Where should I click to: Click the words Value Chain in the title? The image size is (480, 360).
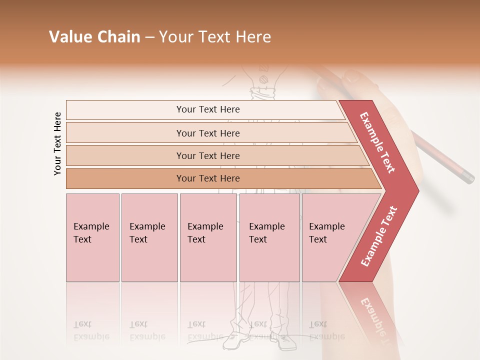point(94,37)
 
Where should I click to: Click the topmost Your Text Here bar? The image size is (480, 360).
point(207,109)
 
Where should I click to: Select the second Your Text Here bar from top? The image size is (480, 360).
point(207,133)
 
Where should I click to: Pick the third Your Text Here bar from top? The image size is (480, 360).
point(207,155)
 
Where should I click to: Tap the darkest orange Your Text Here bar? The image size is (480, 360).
point(207,178)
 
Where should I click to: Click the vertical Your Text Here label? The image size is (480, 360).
point(57,143)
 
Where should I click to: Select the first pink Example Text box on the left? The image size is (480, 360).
point(92,237)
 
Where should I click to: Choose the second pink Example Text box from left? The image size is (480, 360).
point(149,237)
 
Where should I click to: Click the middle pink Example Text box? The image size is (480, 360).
point(208,237)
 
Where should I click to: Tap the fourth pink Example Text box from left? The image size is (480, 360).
point(269,237)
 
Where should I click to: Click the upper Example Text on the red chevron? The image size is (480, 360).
point(377,142)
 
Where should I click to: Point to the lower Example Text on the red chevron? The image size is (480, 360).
point(379,236)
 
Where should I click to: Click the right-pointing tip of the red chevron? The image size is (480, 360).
point(415,190)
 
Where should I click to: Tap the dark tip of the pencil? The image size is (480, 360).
point(468,177)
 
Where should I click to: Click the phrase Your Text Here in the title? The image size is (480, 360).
point(215,37)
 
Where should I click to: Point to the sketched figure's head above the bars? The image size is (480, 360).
point(262,75)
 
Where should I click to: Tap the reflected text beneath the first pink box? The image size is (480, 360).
point(91,330)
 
